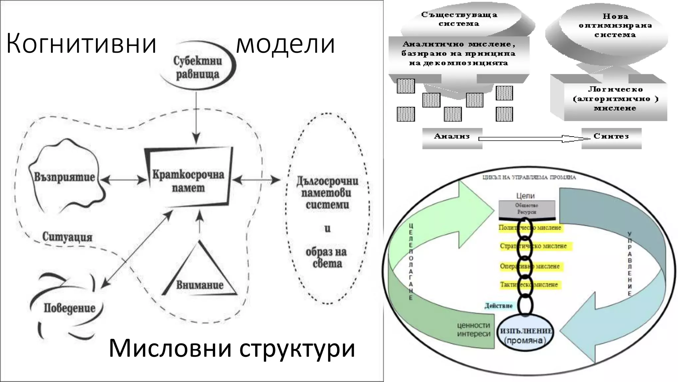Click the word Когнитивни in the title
coord(81,44)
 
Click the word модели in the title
coord(285,44)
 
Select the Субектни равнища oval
coord(198,68)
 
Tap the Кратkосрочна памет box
coord(188,181)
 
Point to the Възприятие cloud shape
coord(65,177)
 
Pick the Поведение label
coord(70,308)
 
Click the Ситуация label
coord(67,237)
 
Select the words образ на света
coord(326,257)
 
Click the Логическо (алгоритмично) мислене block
coord(615,99)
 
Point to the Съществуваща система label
coord(459,19)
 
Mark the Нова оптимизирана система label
coord(615,26)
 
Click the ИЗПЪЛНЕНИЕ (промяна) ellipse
coord(526,336)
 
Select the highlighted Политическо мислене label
coord(530,228)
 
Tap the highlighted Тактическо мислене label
coord(529,285)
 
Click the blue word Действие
coord(499,306)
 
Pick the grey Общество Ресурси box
coord(526,209)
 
